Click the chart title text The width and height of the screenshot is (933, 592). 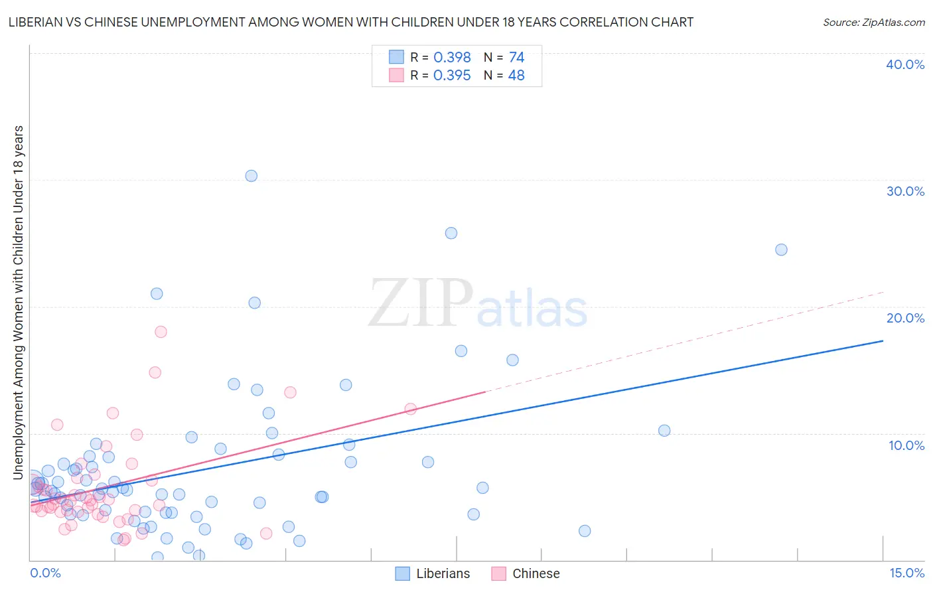(x=350, y=22)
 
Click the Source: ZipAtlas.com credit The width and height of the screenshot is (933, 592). (x=873, y=22)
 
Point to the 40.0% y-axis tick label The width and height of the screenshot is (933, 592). (x=905, y=64)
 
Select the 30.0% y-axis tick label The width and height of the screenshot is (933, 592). (x=905, y=191)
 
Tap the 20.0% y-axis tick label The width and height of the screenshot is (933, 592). (x=905, y=318)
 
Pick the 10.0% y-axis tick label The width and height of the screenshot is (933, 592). (x=906, y=445)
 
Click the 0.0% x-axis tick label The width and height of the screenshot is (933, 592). (x=45, y=573)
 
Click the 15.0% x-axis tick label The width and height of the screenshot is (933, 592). (x=906, y=573)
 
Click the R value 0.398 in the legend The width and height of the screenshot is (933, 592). (x=452, y=58)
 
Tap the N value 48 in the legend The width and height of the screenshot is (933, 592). (x=516, y=76)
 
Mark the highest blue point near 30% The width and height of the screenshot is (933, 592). (x=251, y=176)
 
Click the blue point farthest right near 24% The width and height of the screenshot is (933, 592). (x=781, y=250)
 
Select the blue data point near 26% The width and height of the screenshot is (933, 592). (x=451, y=233)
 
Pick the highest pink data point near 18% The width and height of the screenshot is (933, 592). (x=161, y=332)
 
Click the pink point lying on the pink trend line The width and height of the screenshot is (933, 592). (x=410, y=409)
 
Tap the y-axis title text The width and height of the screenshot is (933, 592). (x=18, y=302)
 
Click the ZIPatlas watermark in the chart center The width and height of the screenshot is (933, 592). (x=478, y=304)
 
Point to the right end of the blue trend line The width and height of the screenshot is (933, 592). (x=883, y=340)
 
